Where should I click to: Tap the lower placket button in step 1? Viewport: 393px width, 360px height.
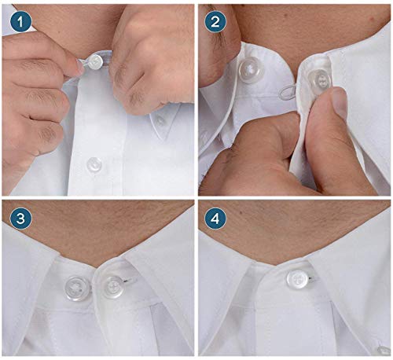pyautogui.click(x=94, y=164)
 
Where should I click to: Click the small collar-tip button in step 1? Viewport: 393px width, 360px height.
pyautogui.click(x=160, y=120)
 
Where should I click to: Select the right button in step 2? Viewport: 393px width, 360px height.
pyautogui.click(x=318, y=79)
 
